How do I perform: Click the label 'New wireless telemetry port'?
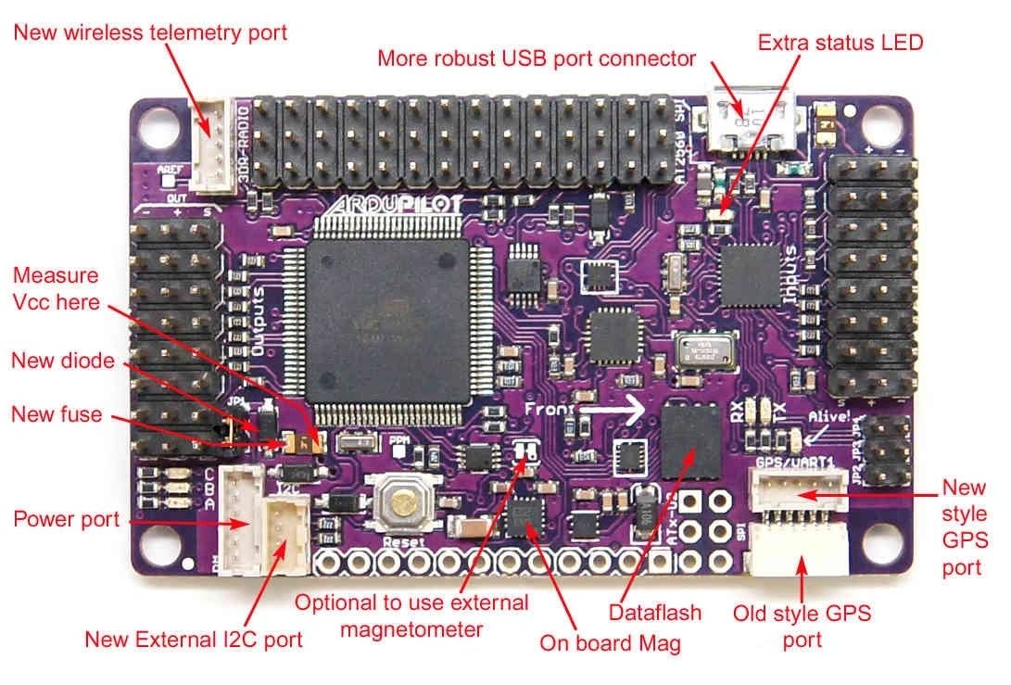(150, 32)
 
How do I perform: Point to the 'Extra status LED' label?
(840, 42)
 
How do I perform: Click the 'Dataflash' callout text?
(654, 612)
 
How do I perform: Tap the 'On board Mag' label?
(610, 642)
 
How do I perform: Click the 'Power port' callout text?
(67, 518)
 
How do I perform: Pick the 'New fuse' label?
(57, 413)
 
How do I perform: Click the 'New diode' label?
(63, 360)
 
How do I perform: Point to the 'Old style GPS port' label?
(802, 626)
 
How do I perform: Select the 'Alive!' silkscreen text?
(828, 417)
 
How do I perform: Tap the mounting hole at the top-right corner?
(877, 120)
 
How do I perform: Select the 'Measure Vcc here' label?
(56, 288)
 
